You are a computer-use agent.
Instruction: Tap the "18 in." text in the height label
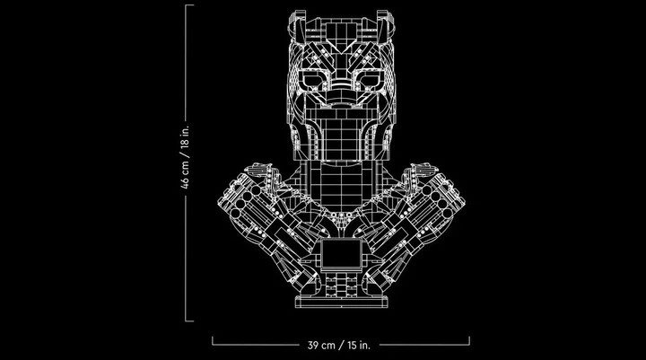[x=185, y=137]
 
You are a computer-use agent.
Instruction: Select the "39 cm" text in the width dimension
[x=322, y=345]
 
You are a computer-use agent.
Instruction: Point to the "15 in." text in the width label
[x=358, y=345]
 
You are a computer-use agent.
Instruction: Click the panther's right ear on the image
[x=387, y=25]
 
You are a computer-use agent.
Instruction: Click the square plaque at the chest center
[x=341, y=253]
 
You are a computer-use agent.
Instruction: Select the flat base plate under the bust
[x=341, y=302]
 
